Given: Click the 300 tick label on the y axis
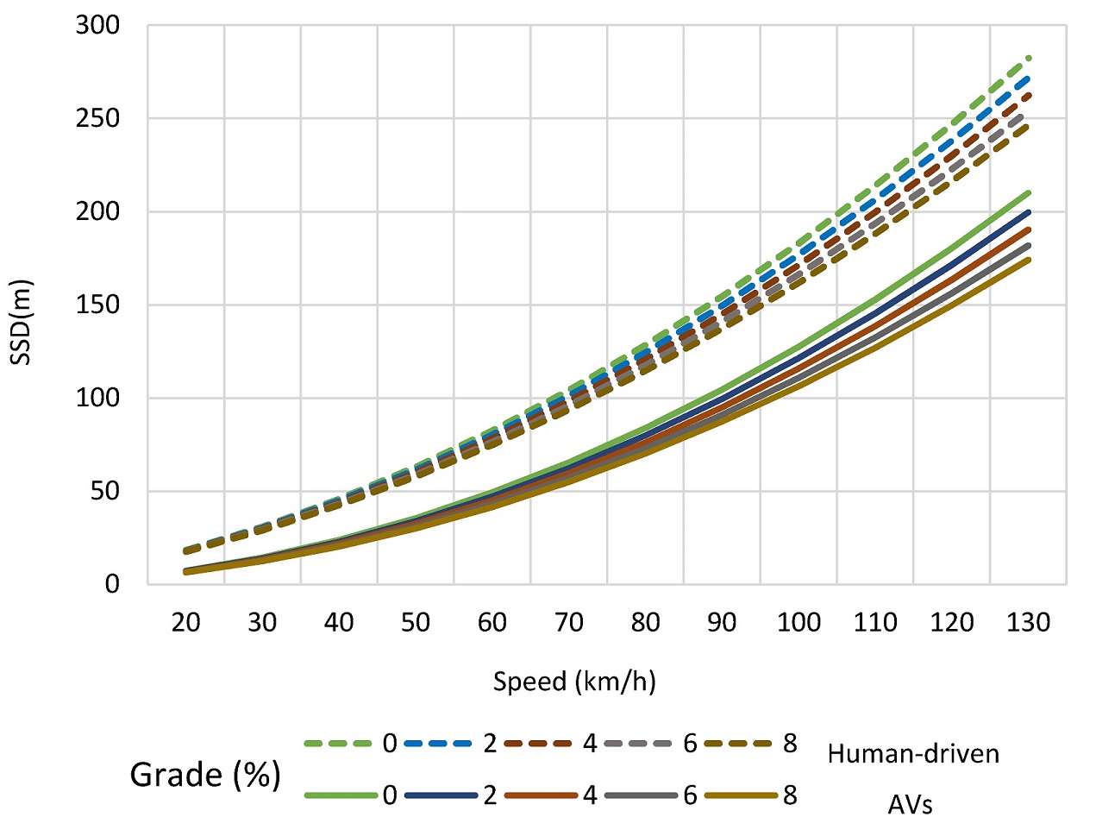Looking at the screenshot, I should (97, 26).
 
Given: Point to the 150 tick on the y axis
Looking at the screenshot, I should (97, 305).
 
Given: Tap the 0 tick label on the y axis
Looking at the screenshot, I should (112, 584).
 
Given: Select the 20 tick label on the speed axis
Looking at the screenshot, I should (185, 622).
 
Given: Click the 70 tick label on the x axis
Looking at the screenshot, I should (568, 622).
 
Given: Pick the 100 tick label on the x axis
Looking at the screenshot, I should (799, 622).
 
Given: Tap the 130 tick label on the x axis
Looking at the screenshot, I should (1028, 622).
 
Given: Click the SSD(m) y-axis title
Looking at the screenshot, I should (22, 322).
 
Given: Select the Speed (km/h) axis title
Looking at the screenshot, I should (574, 682).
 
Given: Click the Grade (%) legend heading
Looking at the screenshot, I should (205, 775).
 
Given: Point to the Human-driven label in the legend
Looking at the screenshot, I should (913, 754).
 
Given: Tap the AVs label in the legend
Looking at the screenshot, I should (910, 805).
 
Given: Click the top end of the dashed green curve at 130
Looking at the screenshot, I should (1028, 58).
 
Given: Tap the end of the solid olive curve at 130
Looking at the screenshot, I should (1028, 260).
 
